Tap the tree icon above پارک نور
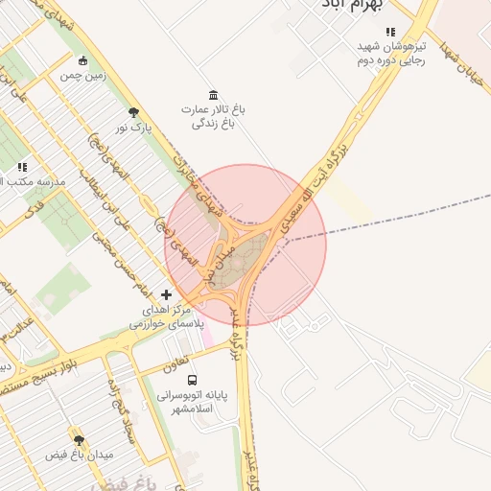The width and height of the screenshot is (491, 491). click(132, 112)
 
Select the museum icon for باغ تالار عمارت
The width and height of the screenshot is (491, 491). click(212, 94)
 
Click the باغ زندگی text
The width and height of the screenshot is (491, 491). click(212, 123)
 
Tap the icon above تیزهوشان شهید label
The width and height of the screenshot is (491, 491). click(389, 31)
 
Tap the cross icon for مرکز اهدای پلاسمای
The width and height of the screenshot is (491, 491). click(167, 293)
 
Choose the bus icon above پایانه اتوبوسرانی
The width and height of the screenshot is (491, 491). click(195, 379)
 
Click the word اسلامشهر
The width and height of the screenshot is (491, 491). click(184, 409)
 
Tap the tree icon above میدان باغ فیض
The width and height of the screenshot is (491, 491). click(79, 439)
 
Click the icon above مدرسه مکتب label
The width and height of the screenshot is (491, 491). click(22, 167)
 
